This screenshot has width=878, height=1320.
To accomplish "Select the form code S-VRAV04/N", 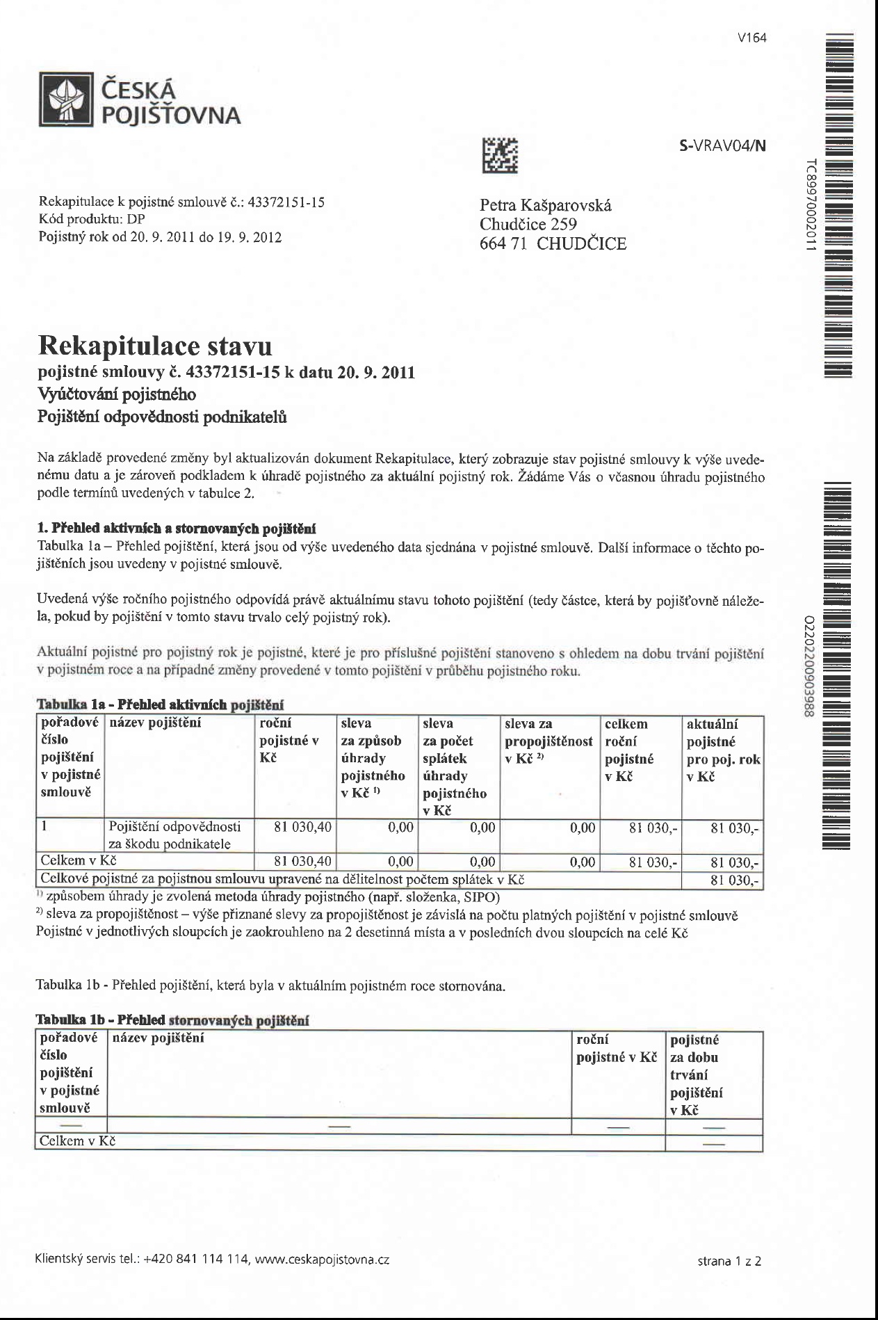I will [x=722, y=146].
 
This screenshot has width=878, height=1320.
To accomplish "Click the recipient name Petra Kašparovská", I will [x=546, y=205].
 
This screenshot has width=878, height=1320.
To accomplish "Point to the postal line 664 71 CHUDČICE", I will [x=553, y=244].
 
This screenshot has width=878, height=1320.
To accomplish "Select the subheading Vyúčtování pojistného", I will [x=116, y=394].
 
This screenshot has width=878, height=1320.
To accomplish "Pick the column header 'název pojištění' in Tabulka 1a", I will [x=154, y=723].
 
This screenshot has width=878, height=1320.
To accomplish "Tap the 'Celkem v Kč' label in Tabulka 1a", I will [x=78, y=861].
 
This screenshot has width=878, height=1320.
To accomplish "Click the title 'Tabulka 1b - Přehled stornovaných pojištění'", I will [x=172, y=1020].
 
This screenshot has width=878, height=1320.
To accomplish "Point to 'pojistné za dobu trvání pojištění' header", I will [x=695, y=1074].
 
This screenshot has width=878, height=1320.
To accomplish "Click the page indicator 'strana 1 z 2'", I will [x=729, y=1261].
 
